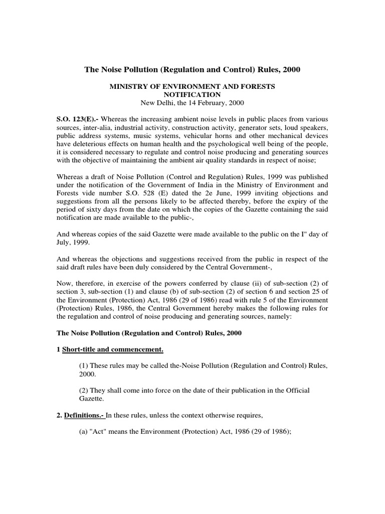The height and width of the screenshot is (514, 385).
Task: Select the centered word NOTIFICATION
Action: click(x=192, y=94)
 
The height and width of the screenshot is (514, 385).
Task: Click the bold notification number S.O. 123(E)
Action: click(x=75, y=118)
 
